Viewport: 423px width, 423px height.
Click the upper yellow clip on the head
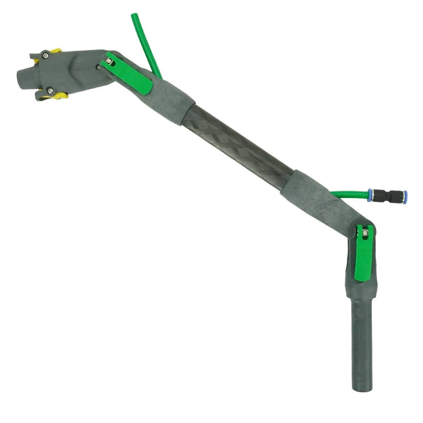pos(57,51)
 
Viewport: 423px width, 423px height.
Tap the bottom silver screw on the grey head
pos(49,90)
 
